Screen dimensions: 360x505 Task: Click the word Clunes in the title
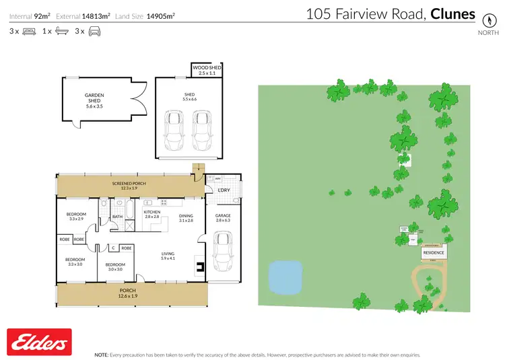tap(453, 14)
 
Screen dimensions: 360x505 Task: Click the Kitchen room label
tap(151, 214)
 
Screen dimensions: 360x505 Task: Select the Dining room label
tap(186, 218)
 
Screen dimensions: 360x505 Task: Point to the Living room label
tap(167, 256)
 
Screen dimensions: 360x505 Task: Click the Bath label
tap(116, 217)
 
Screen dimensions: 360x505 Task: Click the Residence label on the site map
tap(434, 252)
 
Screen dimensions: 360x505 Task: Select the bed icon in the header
tap(29, 31)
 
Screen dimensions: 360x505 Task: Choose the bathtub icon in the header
tap(61, 31)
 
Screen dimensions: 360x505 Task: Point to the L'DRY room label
tap(224, 190)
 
